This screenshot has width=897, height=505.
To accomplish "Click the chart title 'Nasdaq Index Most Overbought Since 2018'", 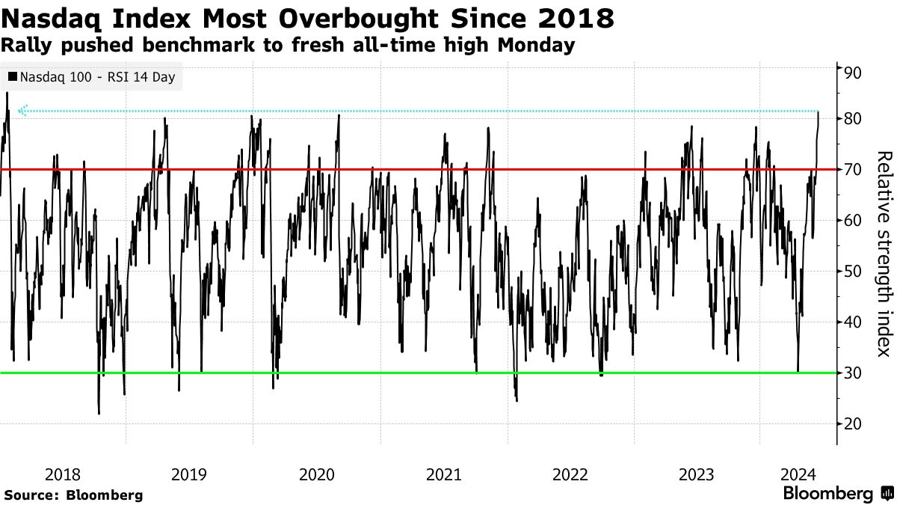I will [x=308, y=18].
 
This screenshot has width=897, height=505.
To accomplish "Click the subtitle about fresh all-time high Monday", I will [x=288, y=45].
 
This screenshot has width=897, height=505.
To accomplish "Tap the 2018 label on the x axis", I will [x=63, y=474].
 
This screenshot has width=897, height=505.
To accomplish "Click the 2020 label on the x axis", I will [x=317, y=474].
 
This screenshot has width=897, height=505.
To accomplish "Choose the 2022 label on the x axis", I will [x=570, y=474].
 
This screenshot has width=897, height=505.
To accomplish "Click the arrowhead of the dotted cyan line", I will [x=22, y=111].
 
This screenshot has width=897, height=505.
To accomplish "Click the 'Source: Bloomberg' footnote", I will [x=73, y=495].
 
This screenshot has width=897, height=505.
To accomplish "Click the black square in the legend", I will [x=13, y=77].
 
